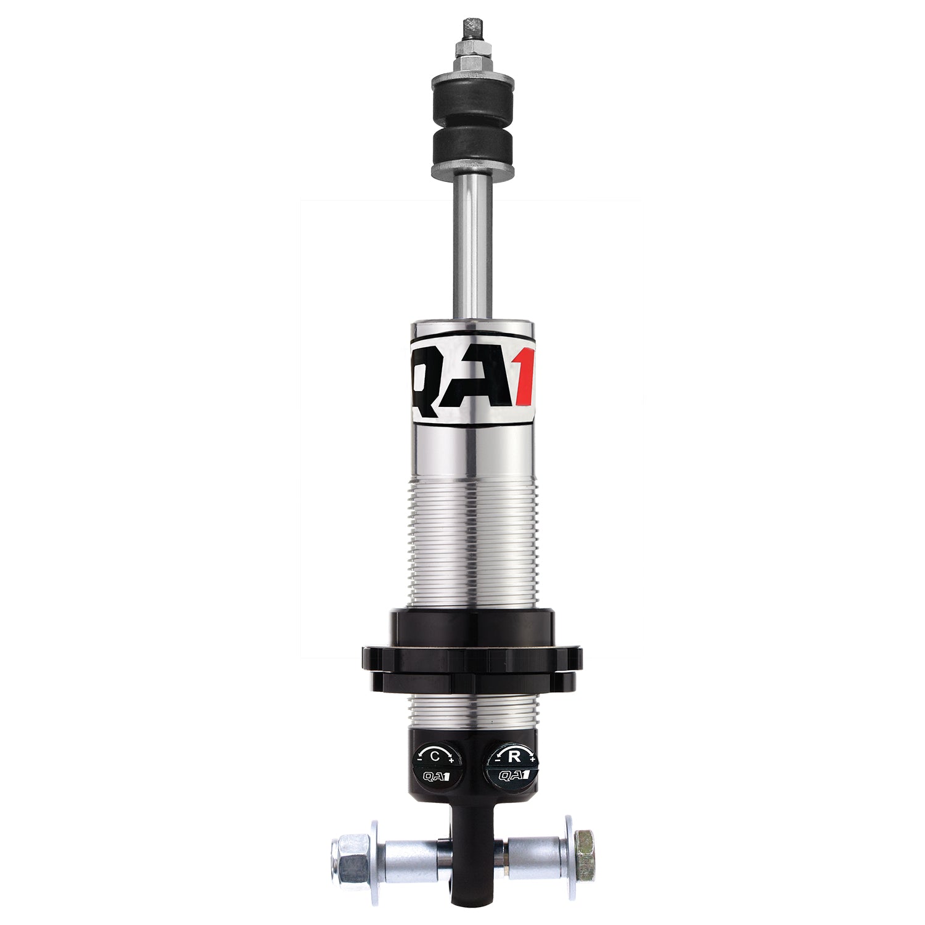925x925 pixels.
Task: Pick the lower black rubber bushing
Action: point(474,149)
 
